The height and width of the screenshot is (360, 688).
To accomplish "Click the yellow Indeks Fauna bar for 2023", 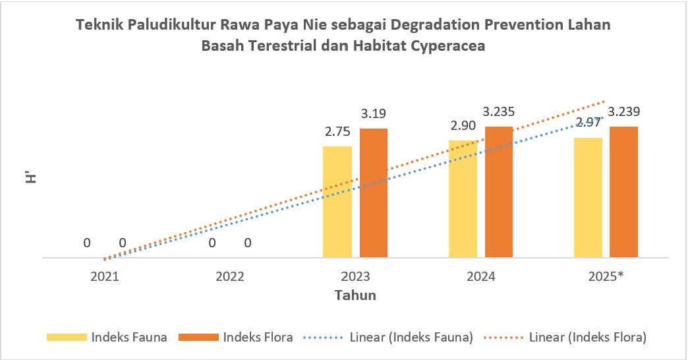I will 337,201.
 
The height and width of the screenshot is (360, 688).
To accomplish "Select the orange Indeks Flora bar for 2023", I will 373,192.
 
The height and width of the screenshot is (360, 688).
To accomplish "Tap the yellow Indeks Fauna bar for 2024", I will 463,198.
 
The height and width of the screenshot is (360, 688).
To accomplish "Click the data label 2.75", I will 337,132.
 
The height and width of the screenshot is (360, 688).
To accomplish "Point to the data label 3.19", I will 373,115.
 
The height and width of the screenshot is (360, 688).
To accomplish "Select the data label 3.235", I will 500,112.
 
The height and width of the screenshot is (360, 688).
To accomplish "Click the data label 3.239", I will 624,111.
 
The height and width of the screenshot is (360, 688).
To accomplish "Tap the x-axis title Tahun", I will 355,295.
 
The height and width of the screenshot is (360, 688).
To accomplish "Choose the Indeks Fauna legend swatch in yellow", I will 67,337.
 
